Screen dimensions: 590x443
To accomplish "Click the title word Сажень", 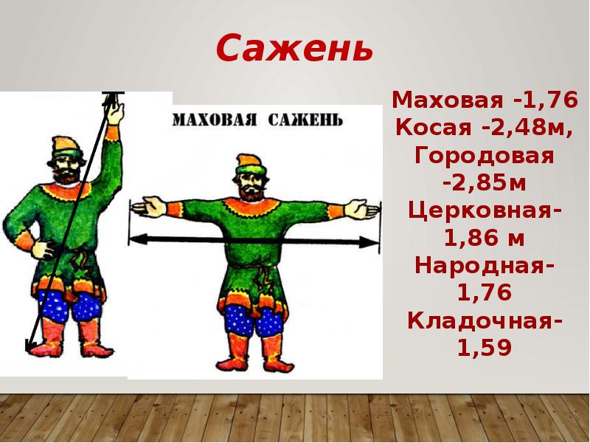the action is [294, 48].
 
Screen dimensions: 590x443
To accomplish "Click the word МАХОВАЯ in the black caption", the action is [215, 120].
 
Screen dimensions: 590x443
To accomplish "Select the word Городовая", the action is [485, 156].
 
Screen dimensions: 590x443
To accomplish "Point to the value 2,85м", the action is [488, 183].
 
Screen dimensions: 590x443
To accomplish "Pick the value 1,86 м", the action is [485, 238].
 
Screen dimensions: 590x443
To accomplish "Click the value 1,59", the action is [485, 348].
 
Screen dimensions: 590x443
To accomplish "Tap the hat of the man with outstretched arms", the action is [248, 165].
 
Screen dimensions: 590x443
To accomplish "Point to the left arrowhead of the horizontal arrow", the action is [138, 238].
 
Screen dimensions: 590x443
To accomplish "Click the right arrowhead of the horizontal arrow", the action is [369, 242].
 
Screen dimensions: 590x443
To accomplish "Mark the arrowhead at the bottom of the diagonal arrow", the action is [29, 345].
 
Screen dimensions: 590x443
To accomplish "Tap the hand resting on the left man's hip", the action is [43, 249].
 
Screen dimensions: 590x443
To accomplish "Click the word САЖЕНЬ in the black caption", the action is [305, 120].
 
